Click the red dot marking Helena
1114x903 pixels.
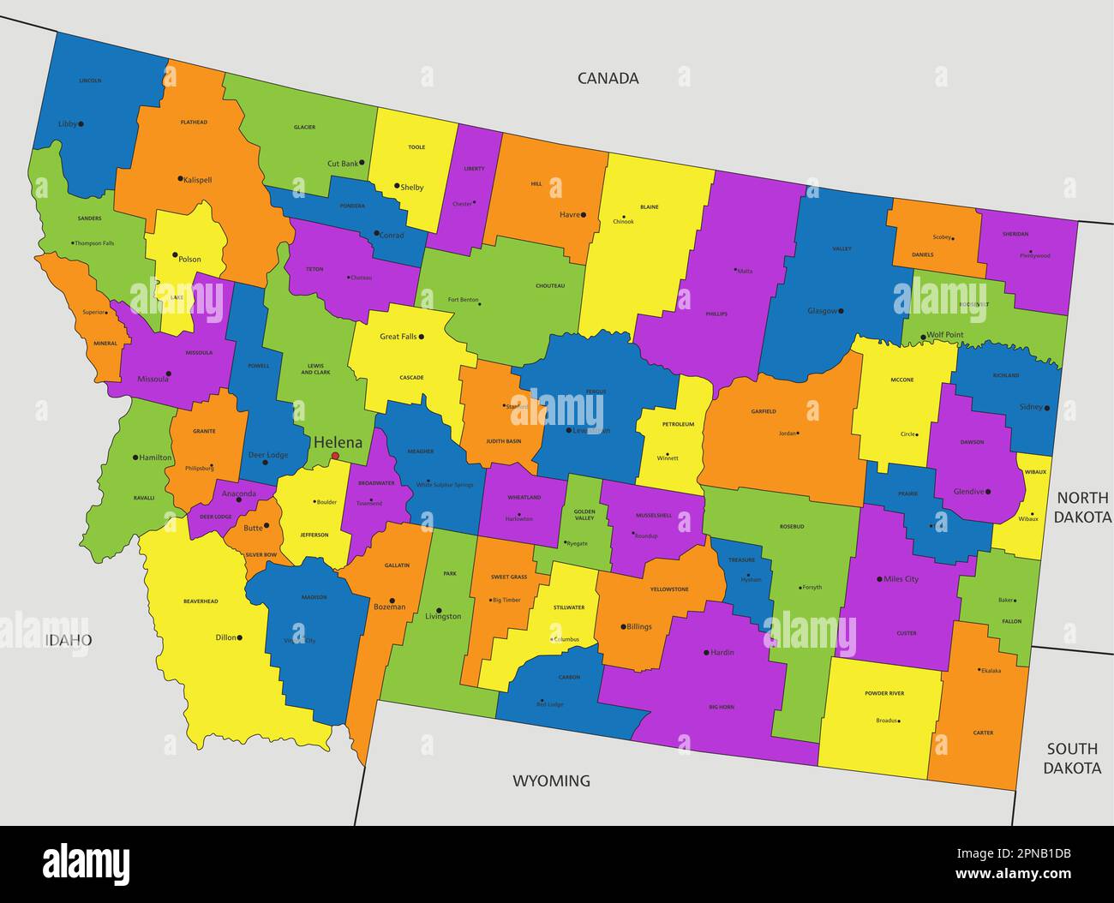pos(335,456)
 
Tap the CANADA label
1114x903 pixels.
pos(608,78)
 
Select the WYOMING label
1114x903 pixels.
pos(551,780)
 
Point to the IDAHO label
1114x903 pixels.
pos(69,640)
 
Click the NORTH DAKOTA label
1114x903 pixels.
pos(1081,507)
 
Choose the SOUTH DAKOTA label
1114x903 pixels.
pos(1072,758)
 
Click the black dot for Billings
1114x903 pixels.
pos(623,626)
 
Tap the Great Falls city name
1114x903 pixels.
pos(398,337)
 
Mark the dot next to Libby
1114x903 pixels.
pos(81,124)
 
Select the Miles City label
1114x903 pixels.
pos(900,579)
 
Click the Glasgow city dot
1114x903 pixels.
pos(841,311)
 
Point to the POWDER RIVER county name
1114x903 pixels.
pos(884,693)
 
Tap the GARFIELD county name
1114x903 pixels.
pos(764,411)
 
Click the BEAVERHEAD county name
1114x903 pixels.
pos(201,601)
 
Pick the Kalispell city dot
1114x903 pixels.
pos(180,179)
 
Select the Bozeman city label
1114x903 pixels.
pos(389,607)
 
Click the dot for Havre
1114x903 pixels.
pos(583,215)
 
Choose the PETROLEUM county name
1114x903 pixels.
pos(678,424)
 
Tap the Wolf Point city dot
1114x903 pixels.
pos(923,337)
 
